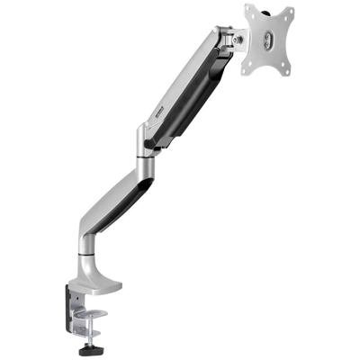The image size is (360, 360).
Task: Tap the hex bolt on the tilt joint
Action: coord(238,40)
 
